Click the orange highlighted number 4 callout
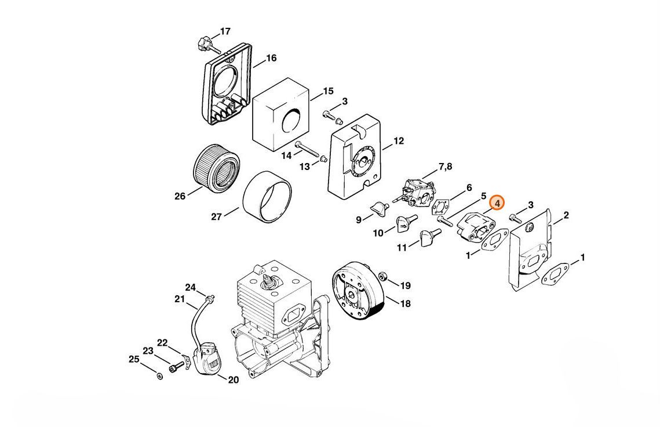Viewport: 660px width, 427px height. coord(497,203)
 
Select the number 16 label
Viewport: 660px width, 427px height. coord(271,58)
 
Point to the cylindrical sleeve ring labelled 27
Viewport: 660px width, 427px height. coord(267,197)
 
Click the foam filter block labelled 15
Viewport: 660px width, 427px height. coord(281,115)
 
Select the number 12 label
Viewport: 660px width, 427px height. coord(398,141)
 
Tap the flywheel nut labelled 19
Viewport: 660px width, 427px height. coord(384,277)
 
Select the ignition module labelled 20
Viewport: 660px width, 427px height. coord(207,359)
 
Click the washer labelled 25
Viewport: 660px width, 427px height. coord(159,375)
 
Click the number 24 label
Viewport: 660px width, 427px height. coord(190,288)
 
